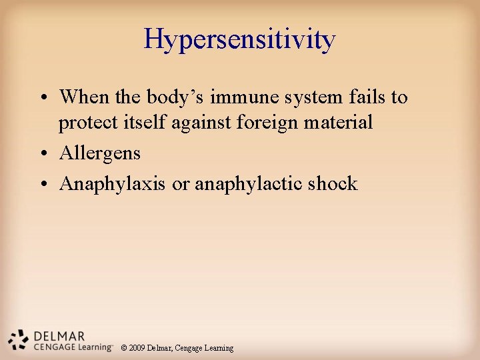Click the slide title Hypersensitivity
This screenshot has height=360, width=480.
pos(239,39)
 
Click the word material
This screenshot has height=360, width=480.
pos(339,123)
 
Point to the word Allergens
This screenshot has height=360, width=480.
pos(100,153)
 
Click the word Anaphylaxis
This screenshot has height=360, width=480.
pos(112,184)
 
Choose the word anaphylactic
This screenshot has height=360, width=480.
pos(249,184)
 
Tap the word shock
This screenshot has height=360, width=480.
pos(333,183)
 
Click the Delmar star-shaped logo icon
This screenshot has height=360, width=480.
pos(18,338)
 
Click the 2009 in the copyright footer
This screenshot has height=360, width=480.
pos(138,348)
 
